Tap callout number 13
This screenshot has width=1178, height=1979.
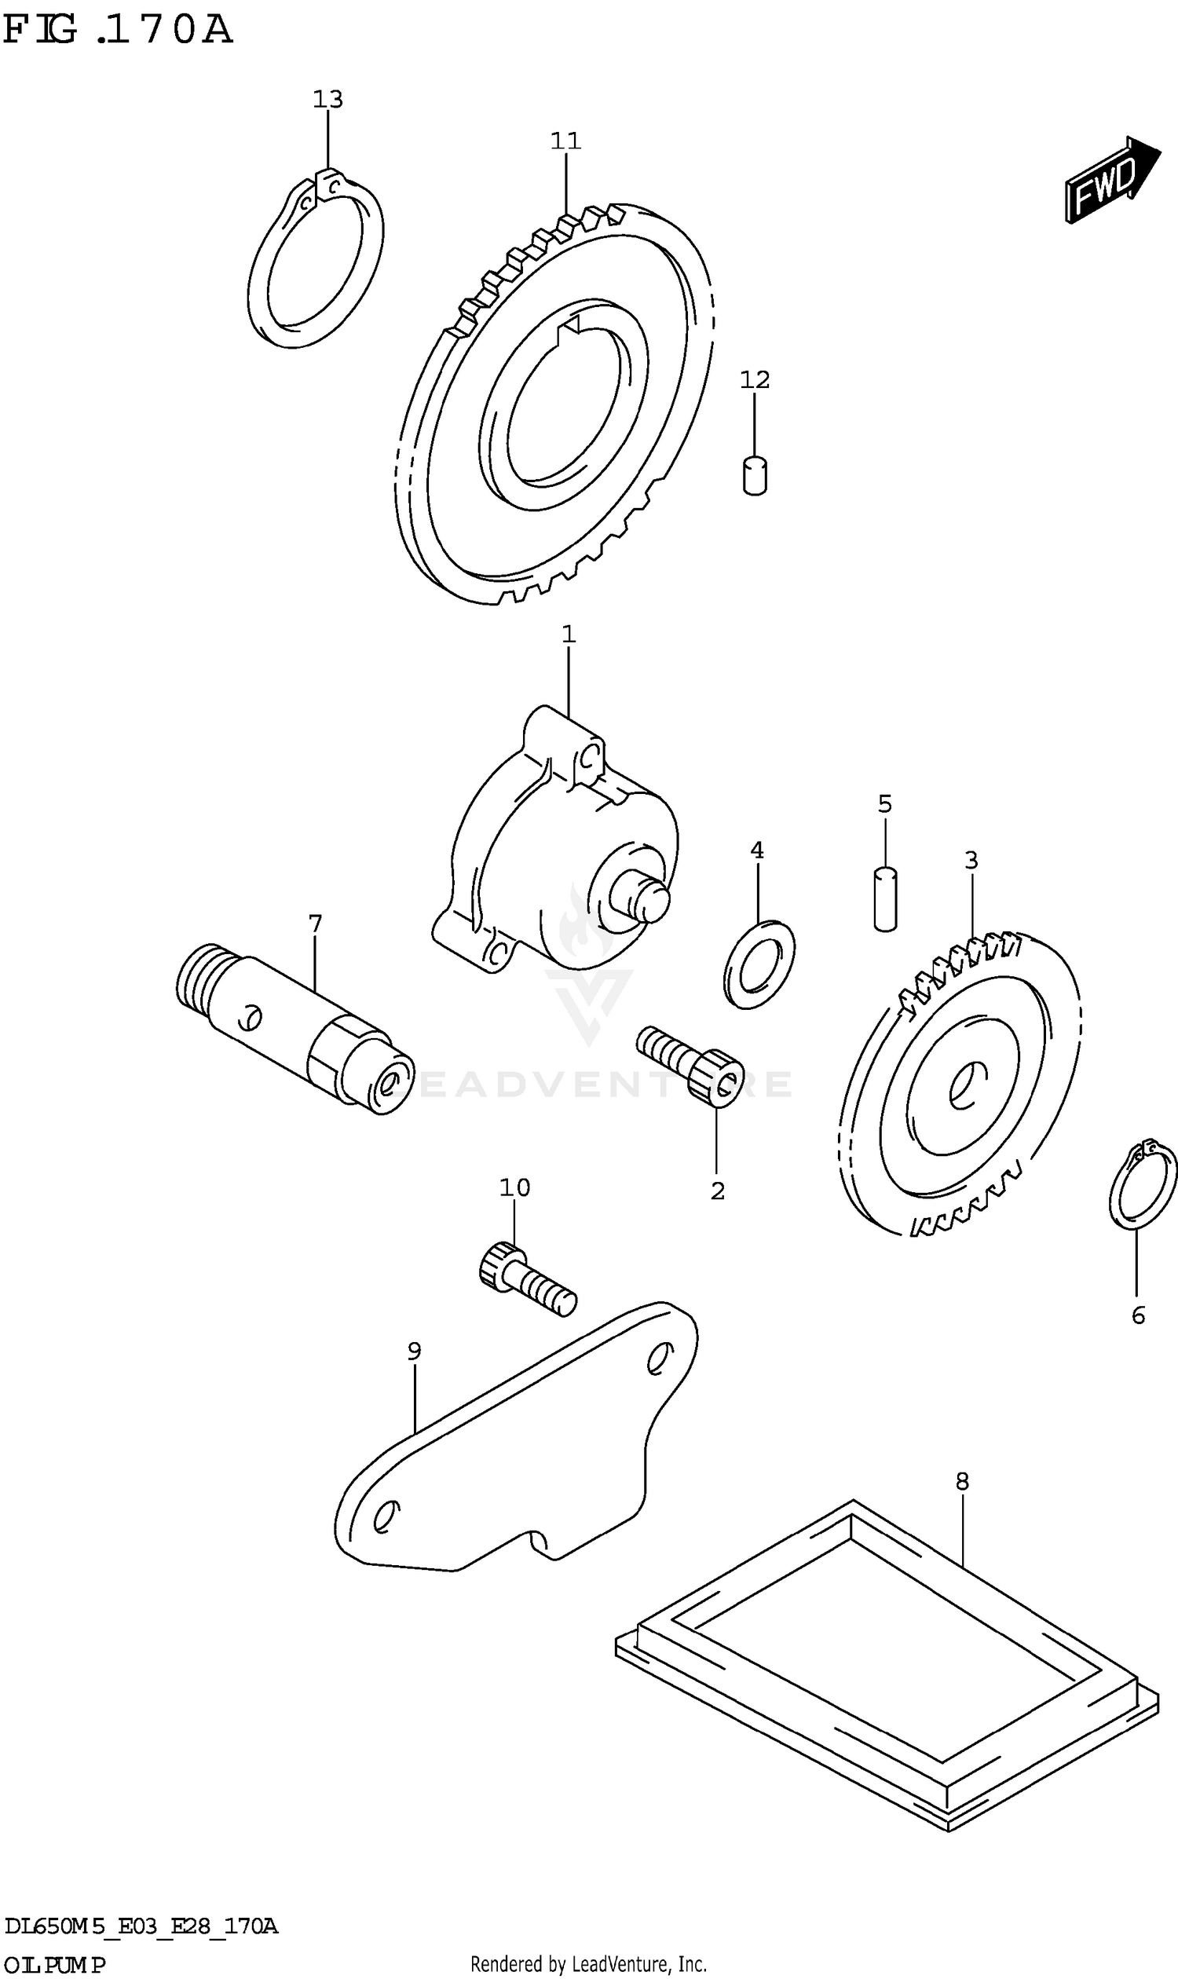tap(327, 100)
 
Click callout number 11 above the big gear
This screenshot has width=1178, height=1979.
tap(565, 141)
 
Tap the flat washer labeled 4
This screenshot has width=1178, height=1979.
tap(759, 964)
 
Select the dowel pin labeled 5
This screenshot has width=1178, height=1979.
tap(885, 898)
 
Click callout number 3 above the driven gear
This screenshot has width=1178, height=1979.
tap(971, 861)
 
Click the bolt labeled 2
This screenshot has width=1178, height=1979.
tap(690, 1066)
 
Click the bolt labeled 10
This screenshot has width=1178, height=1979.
tap(527, 1280)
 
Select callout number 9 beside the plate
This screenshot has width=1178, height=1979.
tap(414, 1350)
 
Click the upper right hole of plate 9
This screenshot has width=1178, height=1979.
tap(658, 1360)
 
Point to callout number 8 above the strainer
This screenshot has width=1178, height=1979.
tap(961, 1481)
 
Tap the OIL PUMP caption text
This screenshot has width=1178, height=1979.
tap(53, 1966)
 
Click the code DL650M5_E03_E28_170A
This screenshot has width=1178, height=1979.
tap(141, 1926)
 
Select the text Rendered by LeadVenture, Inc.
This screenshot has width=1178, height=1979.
tap(588, 1965)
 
